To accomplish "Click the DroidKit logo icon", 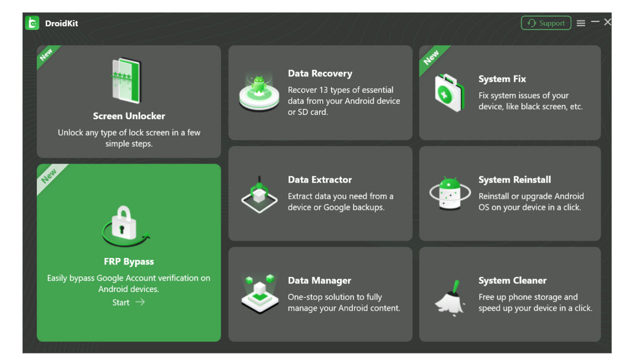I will (32, 23).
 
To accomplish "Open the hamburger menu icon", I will (581, 23).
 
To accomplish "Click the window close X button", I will (607, 22).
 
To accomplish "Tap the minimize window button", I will (595, 22).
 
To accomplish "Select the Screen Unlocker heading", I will (129, 116).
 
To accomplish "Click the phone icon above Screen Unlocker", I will (126, 81).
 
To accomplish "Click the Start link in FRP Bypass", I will (121, 302).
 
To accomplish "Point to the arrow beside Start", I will (140, 302).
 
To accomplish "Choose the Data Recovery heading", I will (320, 74).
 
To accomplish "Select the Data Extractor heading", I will (320, 180).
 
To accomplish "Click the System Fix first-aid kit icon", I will (449, 93).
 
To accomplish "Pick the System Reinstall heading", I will (514, 180).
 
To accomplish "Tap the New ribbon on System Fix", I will (431, 58).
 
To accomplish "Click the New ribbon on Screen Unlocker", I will (46, 55).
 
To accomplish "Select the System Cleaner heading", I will (512, 280).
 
